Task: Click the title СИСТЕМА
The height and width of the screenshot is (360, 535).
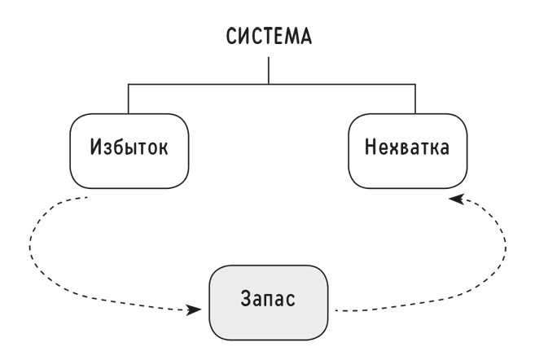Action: pyautogui.click(x=269, y=36)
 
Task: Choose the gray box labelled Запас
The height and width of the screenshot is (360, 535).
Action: pyautogui.click(x=269, y=302)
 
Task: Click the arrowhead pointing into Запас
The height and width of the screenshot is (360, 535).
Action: pyautogui.click(x=195, y=310)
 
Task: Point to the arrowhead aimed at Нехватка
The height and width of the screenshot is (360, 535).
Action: pyautogui.click(x=456, y=199)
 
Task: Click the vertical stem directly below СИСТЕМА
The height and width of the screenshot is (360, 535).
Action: pyautogui.click(x=269, y=70)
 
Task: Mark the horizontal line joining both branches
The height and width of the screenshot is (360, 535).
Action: pyautogui.click(x=272, y=84)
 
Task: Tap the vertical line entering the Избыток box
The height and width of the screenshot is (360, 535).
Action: pyautogui.click(x=129, y=99)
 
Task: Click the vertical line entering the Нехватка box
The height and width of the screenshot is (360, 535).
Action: pyautogui.click(x=415, y=99)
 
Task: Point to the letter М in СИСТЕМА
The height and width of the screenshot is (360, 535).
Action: pyautogui.click(x=291, y=36)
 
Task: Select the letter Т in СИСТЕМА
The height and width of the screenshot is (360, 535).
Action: pyautogui.click(x=265, y=36)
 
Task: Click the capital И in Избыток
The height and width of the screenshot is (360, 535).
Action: pyautogui.click(x=96, y=147)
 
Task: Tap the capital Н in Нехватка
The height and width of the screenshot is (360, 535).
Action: pyautogui.click(x=371, y=147)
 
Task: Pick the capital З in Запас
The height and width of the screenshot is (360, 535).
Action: pyautogui.click(x=246, y=298)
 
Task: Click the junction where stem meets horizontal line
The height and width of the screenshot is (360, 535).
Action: pyautogui.click(x=269, y=84)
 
